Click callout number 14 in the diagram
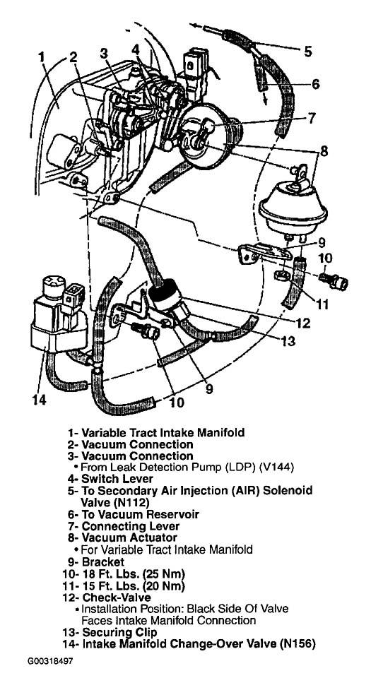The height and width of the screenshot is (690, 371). tap(38, 400)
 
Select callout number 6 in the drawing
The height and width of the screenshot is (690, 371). tap(316, 83)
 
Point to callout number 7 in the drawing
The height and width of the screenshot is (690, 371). tap(311, 118)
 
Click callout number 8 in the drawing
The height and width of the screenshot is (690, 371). tap(324, 151)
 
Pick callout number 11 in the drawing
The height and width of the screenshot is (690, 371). tap(323, 304)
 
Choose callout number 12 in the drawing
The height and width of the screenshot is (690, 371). tap(303, 323)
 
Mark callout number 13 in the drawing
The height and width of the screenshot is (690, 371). tap(288, 341)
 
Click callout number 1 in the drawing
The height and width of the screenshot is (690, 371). tap(42, 57)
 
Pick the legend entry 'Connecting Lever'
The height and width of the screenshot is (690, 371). tap(124, 526)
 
